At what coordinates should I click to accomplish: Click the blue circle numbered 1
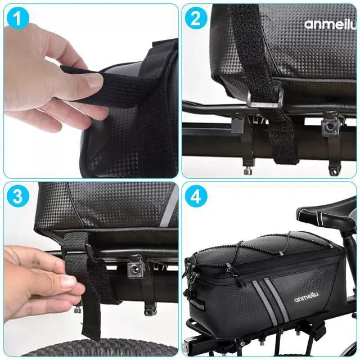click(x=17, y=18)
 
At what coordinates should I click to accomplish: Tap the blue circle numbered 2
click(x=196, y=18)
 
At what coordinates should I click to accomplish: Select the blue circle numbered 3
click(x=17, y=196)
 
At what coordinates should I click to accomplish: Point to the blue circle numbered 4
click(x=196, y=196)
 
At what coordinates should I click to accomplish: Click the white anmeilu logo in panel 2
click(x=331, y=25)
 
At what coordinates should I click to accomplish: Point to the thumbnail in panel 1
click(x=94, y=81)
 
